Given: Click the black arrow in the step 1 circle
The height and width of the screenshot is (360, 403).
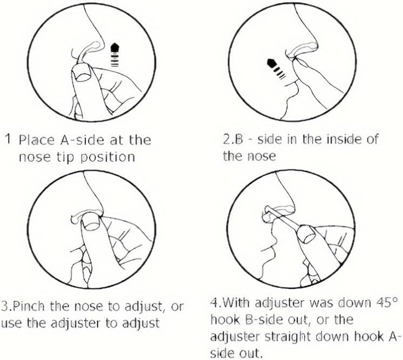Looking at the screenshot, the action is tap(114, 54).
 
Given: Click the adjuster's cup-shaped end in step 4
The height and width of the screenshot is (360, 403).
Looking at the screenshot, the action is tap(306, 234).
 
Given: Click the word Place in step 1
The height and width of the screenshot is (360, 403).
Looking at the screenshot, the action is tap(37, 140).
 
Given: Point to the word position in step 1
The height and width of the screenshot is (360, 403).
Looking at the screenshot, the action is tap(108, 157).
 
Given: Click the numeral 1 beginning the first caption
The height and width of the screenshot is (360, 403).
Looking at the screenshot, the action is tap(9, 139).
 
